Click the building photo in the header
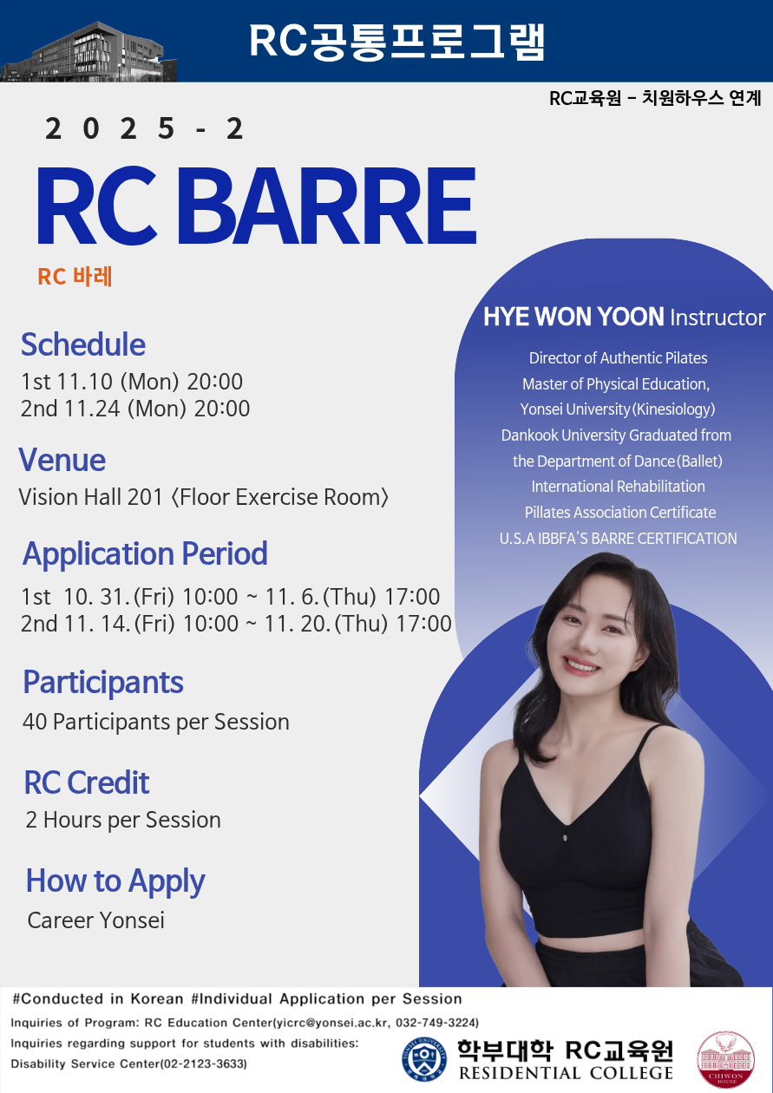click(x=88, y=52)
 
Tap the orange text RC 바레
click(x=75, y=276)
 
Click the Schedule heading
click(x=83, y=344)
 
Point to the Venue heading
click(x=62, y=460)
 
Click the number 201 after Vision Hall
click(x=144, y=497)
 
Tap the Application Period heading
click(x=145, y=554)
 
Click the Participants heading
click(x=103, y=682)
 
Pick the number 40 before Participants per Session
click(x=35, y=722)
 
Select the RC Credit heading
click(x=87, y=782)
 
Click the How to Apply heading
click(x=115, y=881)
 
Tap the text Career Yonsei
click(x=96, y=920)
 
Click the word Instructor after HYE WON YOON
click(x=717, y=317)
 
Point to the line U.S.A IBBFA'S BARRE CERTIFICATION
click(x=619, y=538)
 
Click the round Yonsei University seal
click(x=424, y=1059)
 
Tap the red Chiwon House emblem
click(x=725, y=1059)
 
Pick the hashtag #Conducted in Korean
click(x=97, y=998)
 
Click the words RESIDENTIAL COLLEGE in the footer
click(x=566, y=1073)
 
